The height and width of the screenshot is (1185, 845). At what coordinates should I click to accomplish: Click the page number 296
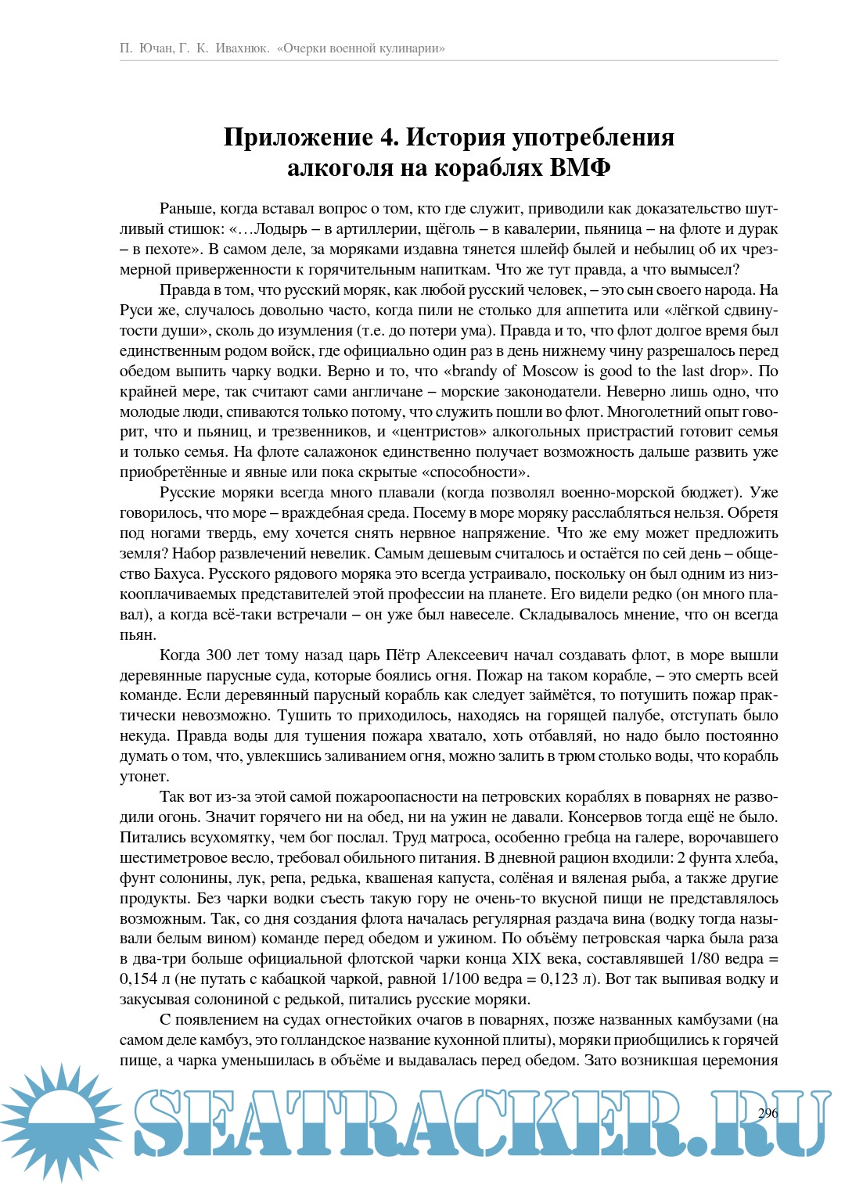768,1113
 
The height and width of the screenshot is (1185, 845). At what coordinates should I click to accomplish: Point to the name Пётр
404,655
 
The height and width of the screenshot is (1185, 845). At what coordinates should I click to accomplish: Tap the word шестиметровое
168,857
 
